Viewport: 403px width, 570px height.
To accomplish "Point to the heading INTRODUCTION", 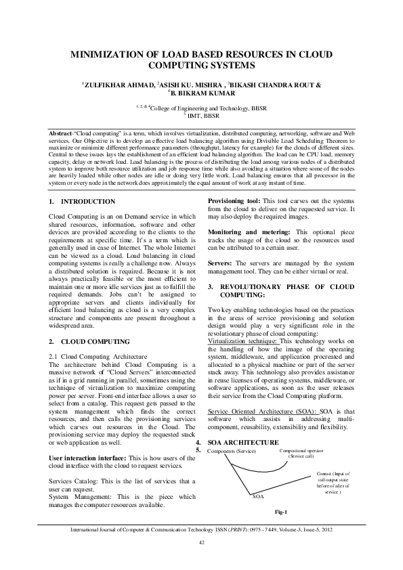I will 88,202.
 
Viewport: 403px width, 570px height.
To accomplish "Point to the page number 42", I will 201,542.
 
